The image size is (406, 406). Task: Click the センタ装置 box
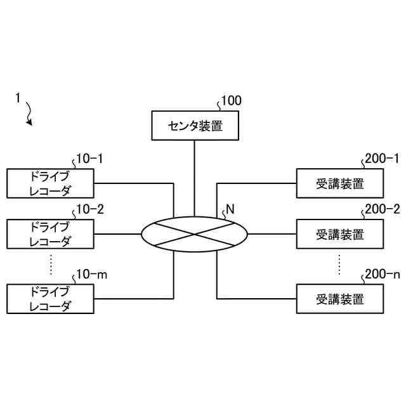click(194, 126)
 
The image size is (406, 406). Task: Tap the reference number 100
click(230, 100)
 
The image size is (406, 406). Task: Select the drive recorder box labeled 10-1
click(50, 183)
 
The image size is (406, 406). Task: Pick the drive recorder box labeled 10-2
click(50, 233)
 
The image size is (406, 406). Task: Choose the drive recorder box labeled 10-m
click(50, 299)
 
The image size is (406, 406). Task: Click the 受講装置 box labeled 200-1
click(340, 183)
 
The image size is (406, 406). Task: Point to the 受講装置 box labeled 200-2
click(340, 234)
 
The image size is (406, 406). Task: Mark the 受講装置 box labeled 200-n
click(340, 299)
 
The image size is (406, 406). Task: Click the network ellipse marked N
click(194, 234)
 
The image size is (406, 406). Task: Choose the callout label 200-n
click(382, 274)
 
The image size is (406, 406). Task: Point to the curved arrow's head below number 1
click(29, 122)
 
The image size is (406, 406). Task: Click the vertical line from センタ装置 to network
click(194, 178)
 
